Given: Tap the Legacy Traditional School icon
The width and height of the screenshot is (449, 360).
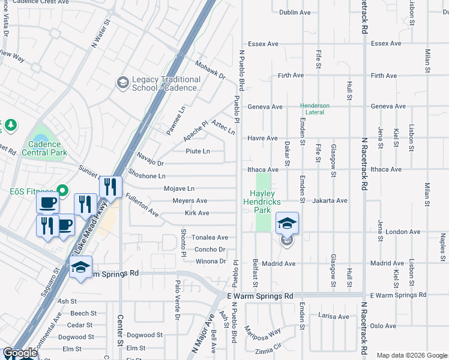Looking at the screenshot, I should coord(123,82).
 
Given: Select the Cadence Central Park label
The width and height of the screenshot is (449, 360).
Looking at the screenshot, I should coord(44,148).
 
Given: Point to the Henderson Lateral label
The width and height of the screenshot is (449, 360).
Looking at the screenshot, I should coord(315,109).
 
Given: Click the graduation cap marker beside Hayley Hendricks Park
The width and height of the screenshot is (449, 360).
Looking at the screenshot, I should coord(288,223).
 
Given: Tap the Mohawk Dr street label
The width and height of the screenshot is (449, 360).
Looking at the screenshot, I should coord(209,70).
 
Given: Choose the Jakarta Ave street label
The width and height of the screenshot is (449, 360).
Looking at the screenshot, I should coord(330,200).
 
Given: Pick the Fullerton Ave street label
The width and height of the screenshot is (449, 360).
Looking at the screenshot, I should coord(142,205).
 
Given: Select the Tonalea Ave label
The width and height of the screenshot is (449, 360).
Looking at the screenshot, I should coord(209,238).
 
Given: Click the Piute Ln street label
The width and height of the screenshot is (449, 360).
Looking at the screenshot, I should coord(197,151).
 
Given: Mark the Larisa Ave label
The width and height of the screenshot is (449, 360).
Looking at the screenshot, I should coord(334,316).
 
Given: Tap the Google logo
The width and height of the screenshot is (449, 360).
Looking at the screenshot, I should coord(20,353).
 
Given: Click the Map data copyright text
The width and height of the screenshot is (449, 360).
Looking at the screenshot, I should coord(411,355).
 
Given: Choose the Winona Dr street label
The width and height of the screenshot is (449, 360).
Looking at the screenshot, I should coord(211,261).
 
